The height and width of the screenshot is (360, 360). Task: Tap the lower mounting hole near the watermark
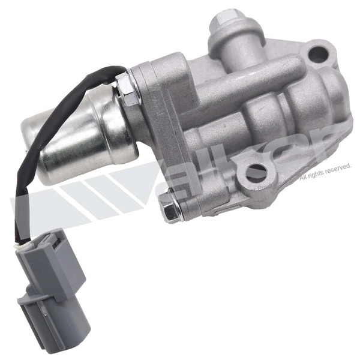(x=258, y=173)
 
